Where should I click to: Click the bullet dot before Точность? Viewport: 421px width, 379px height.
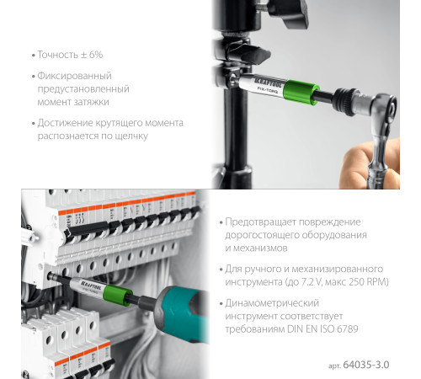(31, 55)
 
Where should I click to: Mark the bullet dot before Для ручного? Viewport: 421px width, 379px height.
(221, 267)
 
